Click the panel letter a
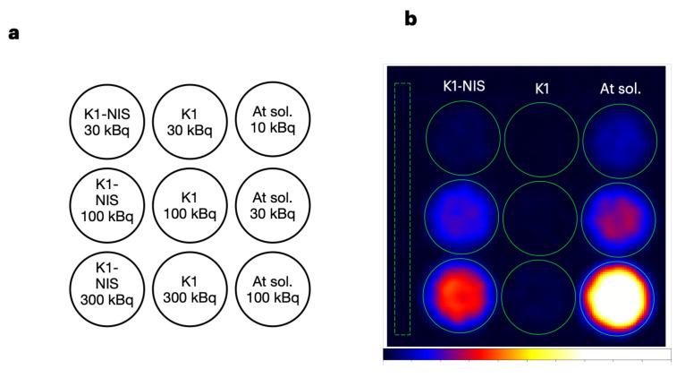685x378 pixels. pos(13,34)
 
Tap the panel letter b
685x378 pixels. pos(410,18)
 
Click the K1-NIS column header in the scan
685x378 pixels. pos(464,87)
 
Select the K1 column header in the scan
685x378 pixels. pos(541,88)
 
